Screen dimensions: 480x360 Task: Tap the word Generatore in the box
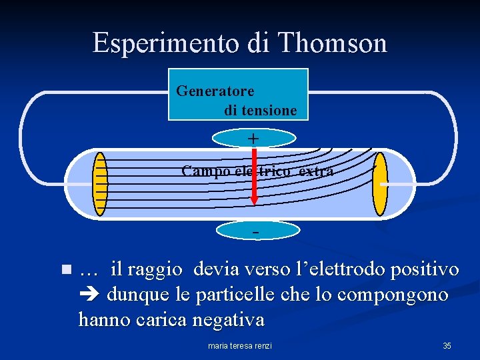[215, 90]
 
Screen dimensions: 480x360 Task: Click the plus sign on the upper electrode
[253, 138]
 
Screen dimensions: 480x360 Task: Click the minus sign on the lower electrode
[255, 231]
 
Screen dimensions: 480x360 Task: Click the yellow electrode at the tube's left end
[100, 184]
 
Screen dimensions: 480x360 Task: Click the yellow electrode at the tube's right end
[380, 184]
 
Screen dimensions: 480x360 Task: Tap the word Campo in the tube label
[204, 171]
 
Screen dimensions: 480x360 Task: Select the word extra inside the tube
[316, 171]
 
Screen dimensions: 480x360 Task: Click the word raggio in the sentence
[155, 269]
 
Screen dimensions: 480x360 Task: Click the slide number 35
[447, 345]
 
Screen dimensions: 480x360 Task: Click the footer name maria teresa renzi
[240, 345]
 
